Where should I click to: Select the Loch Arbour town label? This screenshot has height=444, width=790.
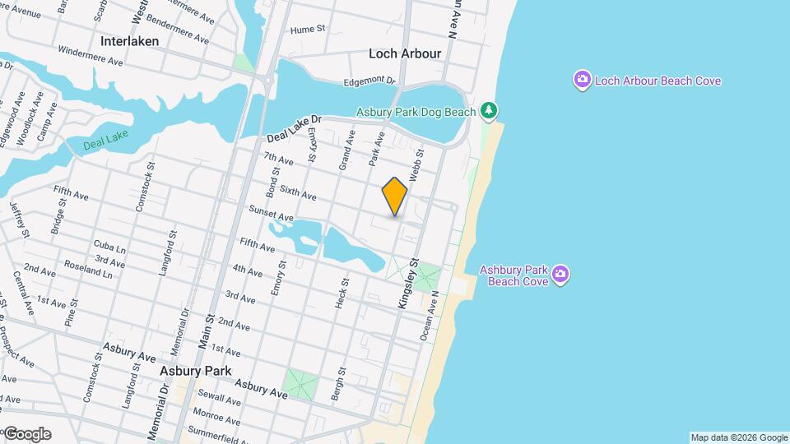(x=405, y=53)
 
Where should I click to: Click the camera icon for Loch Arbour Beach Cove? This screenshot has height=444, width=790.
(x=583, y=80)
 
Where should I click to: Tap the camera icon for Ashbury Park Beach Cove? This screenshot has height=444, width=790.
(x=560, y=274)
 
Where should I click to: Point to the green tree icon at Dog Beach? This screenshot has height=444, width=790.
(x=489, y=110)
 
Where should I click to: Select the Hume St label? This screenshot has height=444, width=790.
(x=309, y=30)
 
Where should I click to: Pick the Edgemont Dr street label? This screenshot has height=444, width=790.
(x=369, y=81)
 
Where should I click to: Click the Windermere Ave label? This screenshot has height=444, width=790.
(x=91, y=56)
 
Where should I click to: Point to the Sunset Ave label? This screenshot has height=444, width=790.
(x=272, y=212)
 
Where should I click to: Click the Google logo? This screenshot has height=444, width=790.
(x=26, y=434)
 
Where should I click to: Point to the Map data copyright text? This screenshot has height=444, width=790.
(x=739, y=437)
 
